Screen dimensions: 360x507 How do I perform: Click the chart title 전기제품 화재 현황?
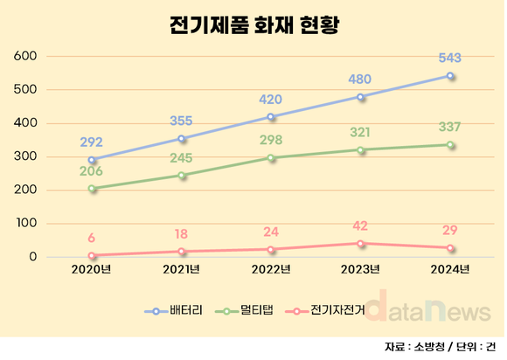(253, 24)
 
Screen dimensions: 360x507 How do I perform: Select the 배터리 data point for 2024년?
(450, 76)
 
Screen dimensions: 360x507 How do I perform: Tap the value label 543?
(450, 59)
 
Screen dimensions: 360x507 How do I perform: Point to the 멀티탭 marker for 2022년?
(271, 157)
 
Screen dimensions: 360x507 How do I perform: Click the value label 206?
(93, 171)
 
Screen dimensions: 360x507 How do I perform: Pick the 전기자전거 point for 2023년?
(360, 243)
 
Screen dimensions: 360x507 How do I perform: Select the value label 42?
(360, 225)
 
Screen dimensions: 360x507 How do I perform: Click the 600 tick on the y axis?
(26, 56)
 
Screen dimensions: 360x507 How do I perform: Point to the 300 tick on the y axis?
(26, 156)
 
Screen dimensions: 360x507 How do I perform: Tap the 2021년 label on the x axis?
(182, 267)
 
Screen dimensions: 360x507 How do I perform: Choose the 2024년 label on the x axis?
(450, 267)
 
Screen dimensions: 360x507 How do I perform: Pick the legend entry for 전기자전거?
(328, 310)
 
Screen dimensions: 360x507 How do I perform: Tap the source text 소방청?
(429, 346)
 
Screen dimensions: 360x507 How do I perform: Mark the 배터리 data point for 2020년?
(93, 160)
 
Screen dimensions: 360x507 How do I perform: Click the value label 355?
(182, 121)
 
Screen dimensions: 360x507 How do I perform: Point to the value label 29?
(450, 230)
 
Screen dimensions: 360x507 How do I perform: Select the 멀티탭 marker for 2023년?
(360, 149)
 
